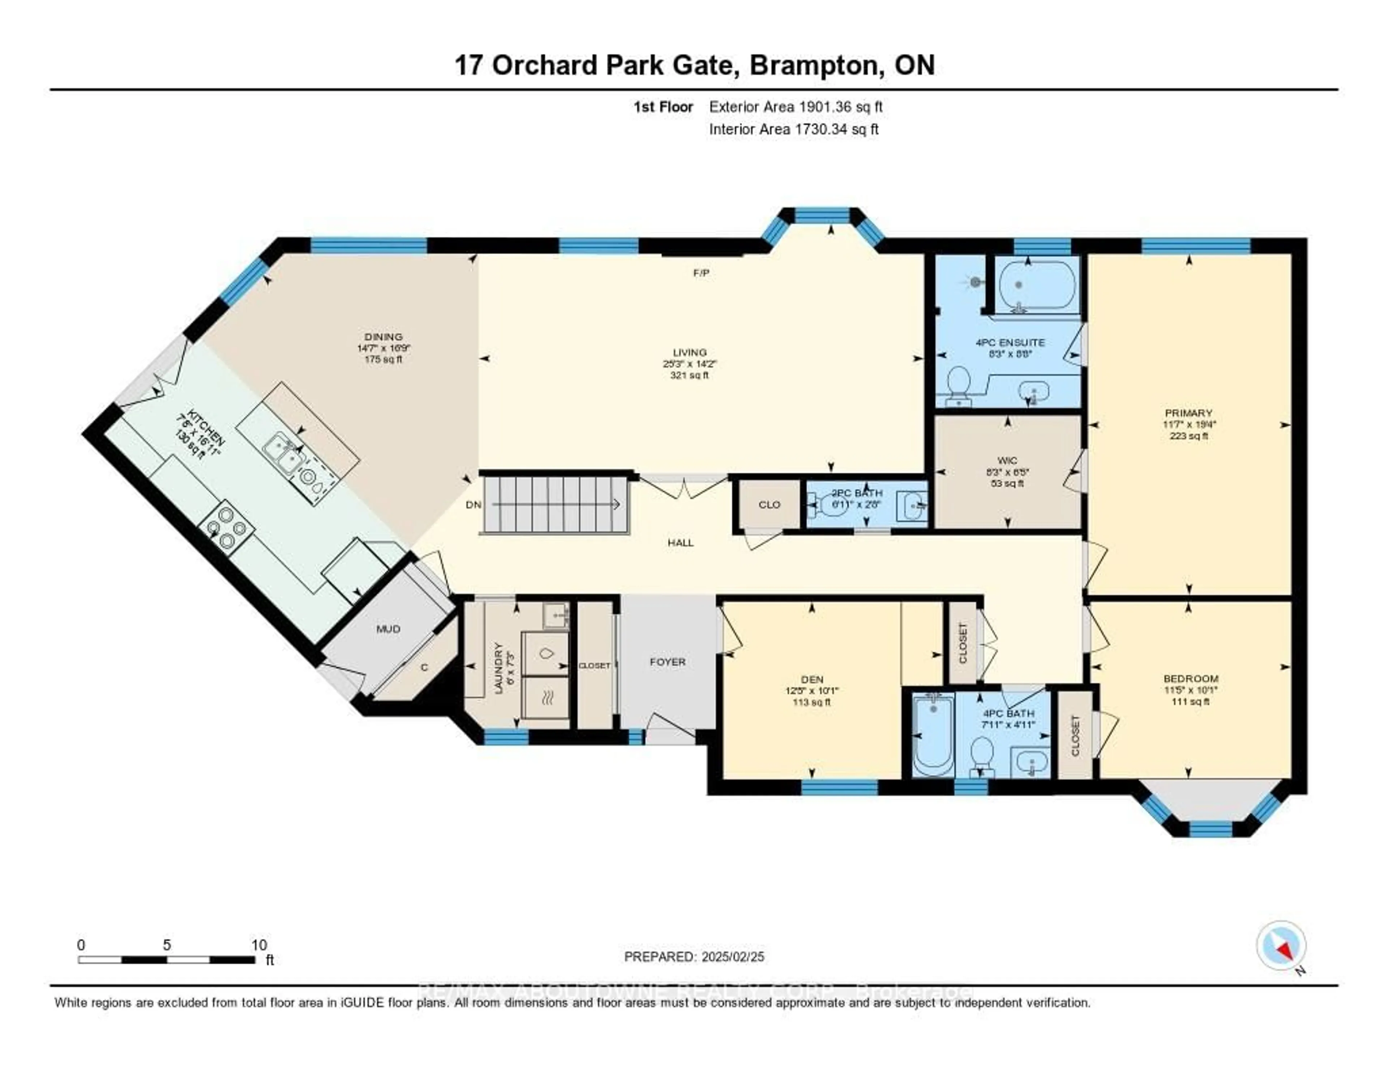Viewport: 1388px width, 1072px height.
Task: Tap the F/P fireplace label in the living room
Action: [x=701, y=273]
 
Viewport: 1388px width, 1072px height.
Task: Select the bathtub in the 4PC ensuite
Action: [x=1037, y=285]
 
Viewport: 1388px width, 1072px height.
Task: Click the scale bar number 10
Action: [x=259, y=945]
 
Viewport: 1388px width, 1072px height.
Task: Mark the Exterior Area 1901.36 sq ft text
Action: [x=796, y=107]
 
